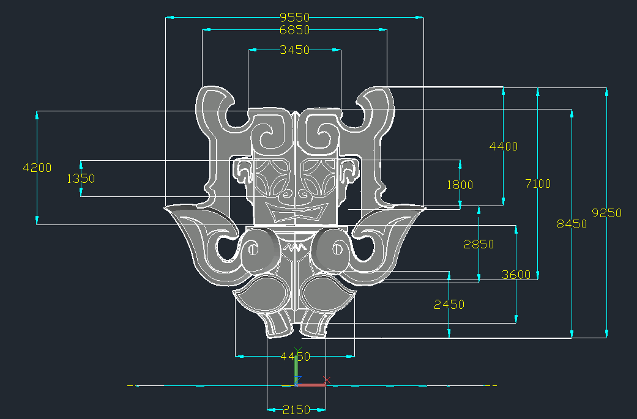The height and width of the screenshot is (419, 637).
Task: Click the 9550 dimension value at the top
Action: click(x=294, y=18)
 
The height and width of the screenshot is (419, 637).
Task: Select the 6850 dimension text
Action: click(x=294, y=29)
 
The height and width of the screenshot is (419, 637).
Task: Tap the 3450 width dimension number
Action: click(x=294, y=50)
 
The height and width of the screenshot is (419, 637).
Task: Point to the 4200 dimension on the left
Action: click(x=37, y=168)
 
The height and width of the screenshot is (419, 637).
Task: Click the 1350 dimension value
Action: click(x=80, y=179)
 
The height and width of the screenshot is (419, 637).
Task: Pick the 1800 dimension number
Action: click(x=460, y=185)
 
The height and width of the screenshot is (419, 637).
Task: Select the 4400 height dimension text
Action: click(x=504, y=147)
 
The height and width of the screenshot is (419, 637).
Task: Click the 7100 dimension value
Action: click(x=538, y=184)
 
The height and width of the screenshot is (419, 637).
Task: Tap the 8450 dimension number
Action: click(x=572, y=224)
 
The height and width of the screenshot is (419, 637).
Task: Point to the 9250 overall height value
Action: click(x=606, y=213)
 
